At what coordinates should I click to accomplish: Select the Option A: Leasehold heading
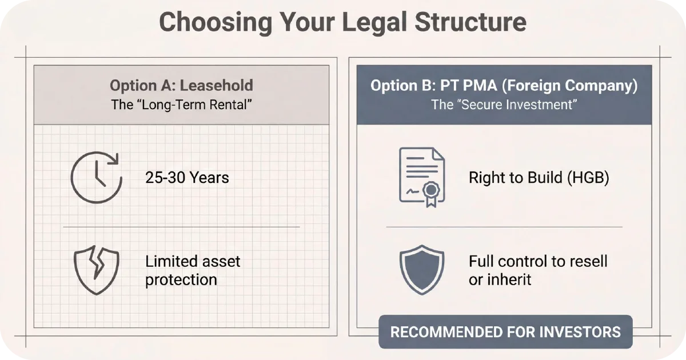[181, 86]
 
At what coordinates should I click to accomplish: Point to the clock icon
[96, 177]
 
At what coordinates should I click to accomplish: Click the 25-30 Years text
[187, 178]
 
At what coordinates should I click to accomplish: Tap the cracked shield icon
[96, 270]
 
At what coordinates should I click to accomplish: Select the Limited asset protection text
[193, 271]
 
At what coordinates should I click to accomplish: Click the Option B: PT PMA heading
[504, 86]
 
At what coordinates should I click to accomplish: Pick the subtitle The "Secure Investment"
[504, 105]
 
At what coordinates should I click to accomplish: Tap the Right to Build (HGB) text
[539, 177]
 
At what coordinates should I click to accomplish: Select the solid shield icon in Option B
[422, 270]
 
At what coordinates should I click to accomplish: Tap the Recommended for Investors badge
[505, 332]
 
